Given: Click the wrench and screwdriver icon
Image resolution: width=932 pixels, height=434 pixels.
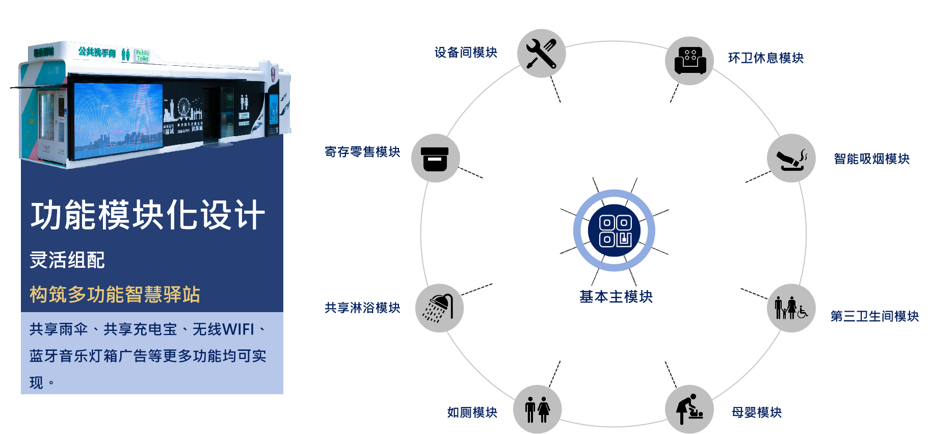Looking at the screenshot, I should pos(541,54).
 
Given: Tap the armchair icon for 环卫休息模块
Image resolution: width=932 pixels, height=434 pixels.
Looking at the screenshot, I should pos(689,61).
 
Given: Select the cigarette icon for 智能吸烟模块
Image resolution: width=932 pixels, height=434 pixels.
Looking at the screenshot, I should pos(791,158).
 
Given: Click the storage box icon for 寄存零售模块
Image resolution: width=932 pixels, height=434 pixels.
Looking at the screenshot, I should pos(435,158).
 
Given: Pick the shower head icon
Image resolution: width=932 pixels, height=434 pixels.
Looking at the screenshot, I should pos(439,308).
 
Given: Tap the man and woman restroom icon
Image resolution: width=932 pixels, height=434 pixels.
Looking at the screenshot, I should pos(538,410).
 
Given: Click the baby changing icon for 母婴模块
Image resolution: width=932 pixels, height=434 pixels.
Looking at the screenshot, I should pos(689,409).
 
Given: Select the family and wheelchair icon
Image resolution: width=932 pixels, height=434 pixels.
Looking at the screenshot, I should pos(791,308).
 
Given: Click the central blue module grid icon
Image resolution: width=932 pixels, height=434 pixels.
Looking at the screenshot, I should pos(615,231).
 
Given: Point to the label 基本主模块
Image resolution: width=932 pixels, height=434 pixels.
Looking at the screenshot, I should pos(616,296).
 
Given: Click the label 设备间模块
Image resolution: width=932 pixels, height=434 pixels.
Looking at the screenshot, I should pos(466,53).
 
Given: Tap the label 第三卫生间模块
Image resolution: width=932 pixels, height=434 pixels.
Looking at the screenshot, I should pos(874,316).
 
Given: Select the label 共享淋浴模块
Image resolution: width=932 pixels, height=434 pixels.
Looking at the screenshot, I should pos(362,308).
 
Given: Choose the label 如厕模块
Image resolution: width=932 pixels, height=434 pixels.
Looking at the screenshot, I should pos(472,412).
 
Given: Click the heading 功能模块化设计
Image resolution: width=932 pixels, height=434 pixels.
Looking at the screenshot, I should pos(148,215).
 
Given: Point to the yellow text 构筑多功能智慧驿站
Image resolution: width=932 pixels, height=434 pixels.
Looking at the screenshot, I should pos(115,294).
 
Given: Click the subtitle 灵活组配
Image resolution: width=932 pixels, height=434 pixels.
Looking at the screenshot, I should pos(67,260).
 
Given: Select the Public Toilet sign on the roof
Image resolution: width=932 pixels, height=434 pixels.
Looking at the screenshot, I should pos(143,55).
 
